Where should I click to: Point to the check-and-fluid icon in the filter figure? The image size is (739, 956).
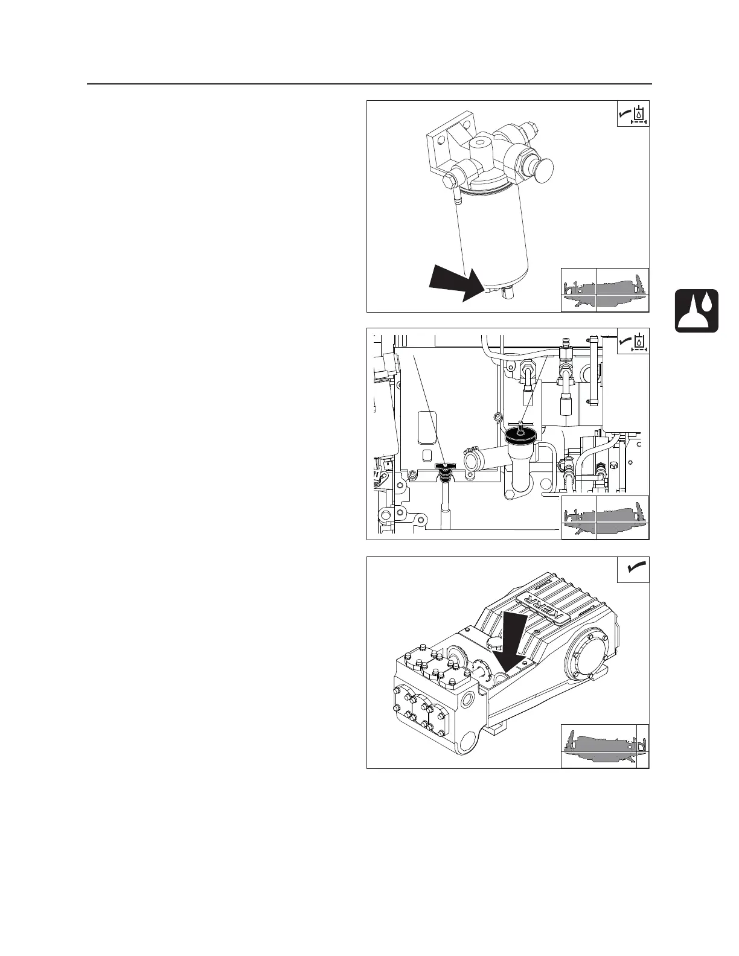[633, 113]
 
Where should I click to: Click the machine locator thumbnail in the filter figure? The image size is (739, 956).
[604, 290]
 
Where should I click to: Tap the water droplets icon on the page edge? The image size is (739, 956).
[697, 310]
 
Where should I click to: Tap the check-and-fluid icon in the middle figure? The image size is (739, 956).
[633, 342]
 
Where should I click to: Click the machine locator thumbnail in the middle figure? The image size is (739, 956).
[604, 517]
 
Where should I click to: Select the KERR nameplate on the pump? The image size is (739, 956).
[542, 608]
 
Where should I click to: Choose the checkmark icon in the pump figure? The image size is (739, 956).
[633, 569]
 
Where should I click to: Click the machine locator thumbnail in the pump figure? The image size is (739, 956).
[604, 745]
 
